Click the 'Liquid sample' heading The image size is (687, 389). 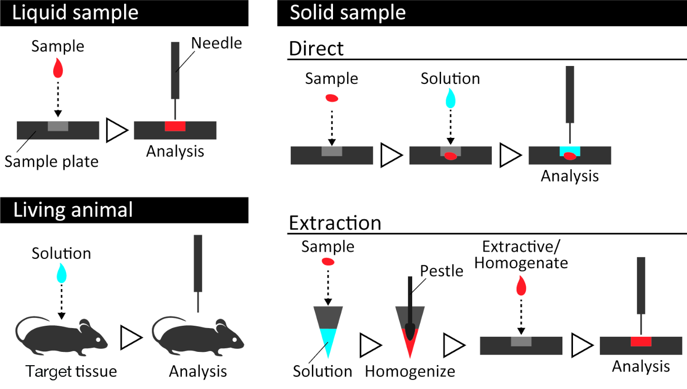pos(75,13)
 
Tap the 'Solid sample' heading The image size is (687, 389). pos(348,13)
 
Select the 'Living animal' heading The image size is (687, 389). pos(73,210)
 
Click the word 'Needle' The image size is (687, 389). pos(217,43)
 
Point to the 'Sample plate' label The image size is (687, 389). pos(51,161)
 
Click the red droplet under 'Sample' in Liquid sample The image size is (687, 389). pos(58,68)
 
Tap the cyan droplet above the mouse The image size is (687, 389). pos(62,273)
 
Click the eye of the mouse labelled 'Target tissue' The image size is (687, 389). pos(98,340)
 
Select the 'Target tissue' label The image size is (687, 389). pos(71,371)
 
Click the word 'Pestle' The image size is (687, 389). pos(442,271)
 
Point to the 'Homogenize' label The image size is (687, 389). pos(410,372)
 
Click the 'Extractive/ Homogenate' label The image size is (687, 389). pos(521,255)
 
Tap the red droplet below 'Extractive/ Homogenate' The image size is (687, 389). pos(521,285)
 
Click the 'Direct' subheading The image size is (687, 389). pos(316,49)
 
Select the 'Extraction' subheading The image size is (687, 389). pos(335,223)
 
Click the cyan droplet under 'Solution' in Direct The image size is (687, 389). pos(451,99)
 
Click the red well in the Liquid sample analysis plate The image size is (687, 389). pos(175,126)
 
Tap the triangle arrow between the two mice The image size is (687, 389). pos(131,338)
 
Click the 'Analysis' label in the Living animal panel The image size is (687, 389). pos(198,371)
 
